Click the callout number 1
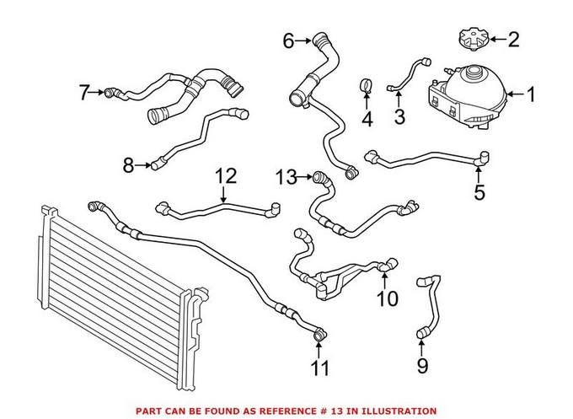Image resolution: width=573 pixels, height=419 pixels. [x=531, y=94]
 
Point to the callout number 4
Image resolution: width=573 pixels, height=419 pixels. [x=367, y=120]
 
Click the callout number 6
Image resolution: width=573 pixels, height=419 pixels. [x=288, y=40]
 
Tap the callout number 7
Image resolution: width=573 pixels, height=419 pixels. [x=84, y=92]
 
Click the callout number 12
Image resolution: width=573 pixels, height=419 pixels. [x=225, y=177]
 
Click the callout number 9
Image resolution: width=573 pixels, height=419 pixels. [x=422, y=365]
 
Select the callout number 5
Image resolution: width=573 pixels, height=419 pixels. [x=479, y=193]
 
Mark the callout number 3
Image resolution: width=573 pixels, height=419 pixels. [x=400, y=115]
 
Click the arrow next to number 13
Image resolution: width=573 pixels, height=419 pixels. [x=305, y=177]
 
